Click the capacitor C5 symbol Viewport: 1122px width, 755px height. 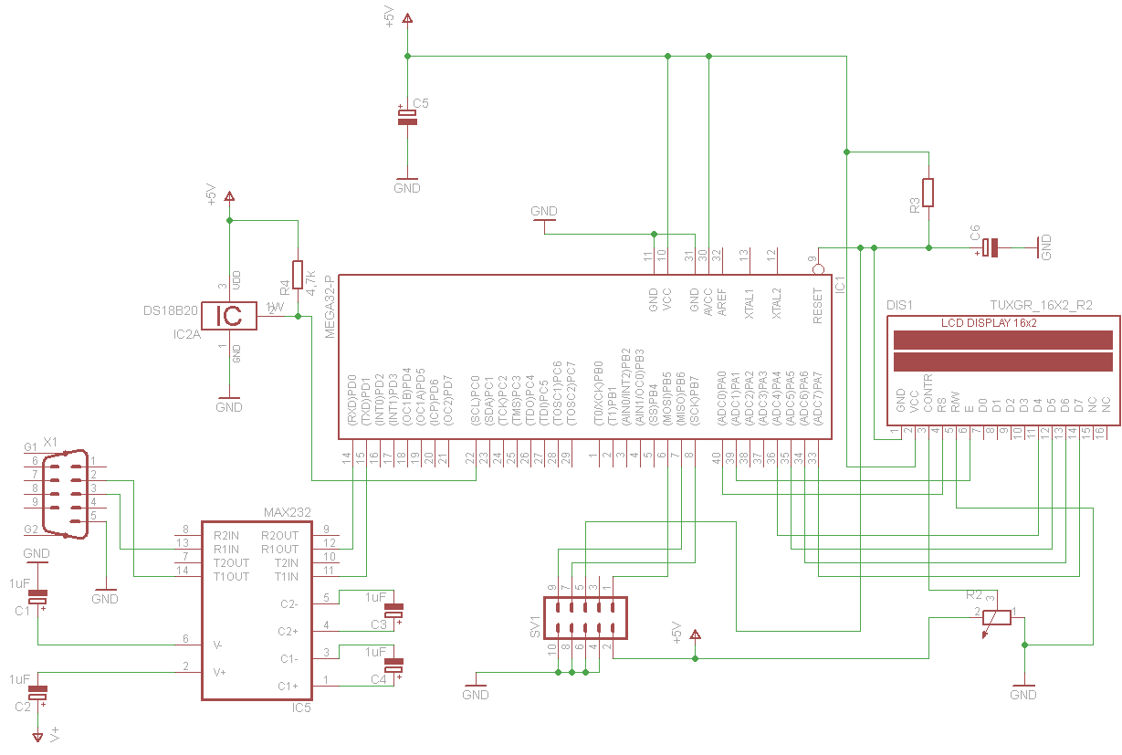coord(407,116)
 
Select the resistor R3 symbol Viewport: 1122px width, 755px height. coord(928,193)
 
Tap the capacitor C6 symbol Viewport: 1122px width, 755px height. coord(991,246)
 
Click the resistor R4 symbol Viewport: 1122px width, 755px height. coord(298,275)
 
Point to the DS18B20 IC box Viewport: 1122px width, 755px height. coord(229,316)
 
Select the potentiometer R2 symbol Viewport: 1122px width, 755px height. coord(997,617)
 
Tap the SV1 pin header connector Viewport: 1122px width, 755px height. coord(585,618)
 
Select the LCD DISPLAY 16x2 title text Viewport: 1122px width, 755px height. coord(989,323)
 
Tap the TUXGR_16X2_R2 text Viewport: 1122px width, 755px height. coord(1041,305)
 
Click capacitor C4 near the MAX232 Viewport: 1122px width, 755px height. coord(393,666)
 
